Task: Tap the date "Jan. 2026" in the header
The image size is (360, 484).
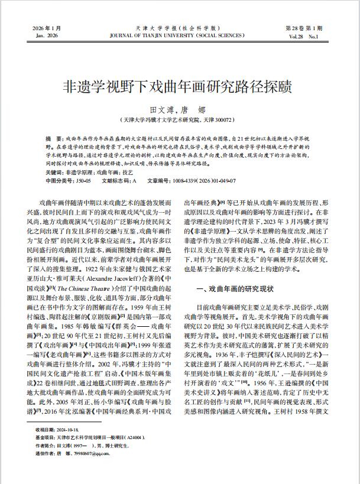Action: (x=44, y=35)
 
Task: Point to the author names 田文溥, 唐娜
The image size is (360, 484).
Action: (x=179, y=110)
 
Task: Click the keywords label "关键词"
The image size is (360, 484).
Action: (x=56, y=171)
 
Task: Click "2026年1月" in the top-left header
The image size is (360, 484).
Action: (x=44, y=28)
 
